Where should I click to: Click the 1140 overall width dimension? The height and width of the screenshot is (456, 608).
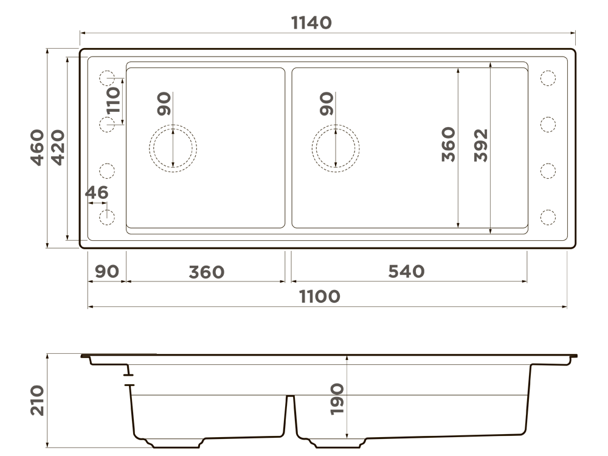[311, 22]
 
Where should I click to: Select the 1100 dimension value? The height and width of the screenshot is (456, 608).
[319, 297]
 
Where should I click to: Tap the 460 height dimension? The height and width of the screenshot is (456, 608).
[38, 147]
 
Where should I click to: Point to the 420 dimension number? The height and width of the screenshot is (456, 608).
[58, 147]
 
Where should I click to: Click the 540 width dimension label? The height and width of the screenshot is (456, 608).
[406, 272]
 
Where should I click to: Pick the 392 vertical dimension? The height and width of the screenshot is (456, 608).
[481, 145]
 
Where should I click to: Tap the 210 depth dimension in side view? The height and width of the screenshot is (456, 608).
[38, 400]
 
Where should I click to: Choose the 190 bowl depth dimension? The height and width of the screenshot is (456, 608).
[337, 399]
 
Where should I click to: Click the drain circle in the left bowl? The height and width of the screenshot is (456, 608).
[173, 148]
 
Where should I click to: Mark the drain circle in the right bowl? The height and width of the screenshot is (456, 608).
[336, 148]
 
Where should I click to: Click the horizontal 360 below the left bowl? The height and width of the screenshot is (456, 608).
[206, 272]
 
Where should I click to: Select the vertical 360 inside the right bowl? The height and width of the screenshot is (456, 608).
[449, 145]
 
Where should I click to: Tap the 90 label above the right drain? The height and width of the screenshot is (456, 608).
[326, 104]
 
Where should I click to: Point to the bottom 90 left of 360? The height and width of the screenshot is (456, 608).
[107, 272]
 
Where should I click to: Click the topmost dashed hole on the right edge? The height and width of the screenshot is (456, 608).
[547, 78]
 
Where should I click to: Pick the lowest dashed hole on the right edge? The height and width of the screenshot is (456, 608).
[547, 216]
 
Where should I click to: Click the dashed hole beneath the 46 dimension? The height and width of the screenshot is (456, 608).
[107, 216]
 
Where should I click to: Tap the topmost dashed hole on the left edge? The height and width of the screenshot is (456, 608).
[107, 78]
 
